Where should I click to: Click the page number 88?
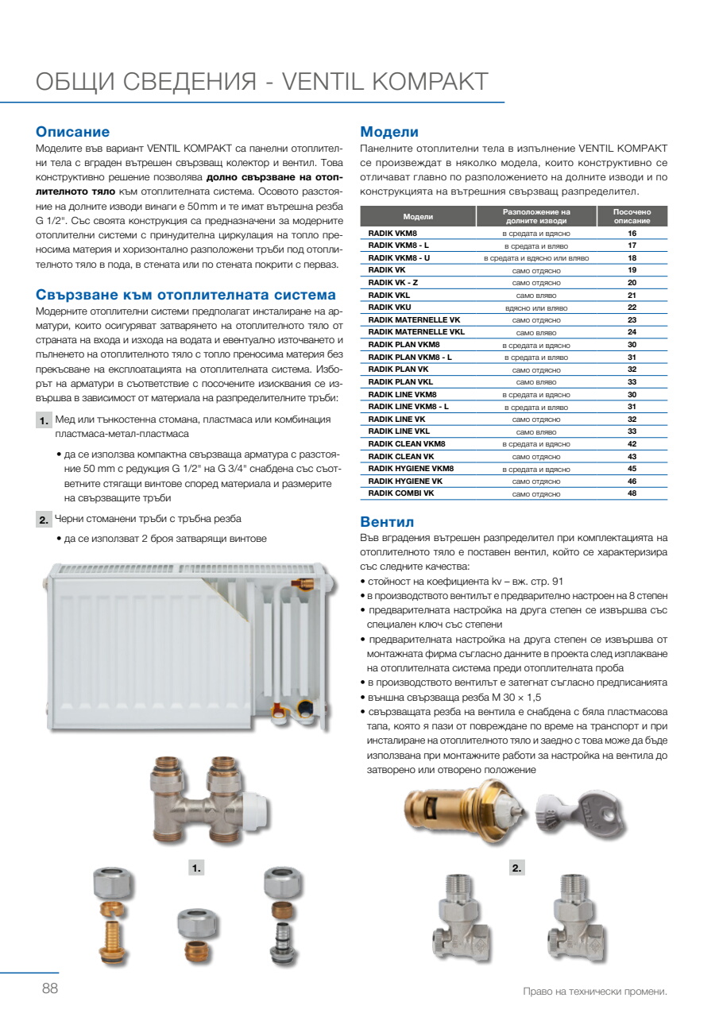pyautogui.click(x=50, y=989)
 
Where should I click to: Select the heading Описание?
pyautogui.click(x=73, y=132)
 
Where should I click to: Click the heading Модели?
pyautogui.click(x=389, y=132)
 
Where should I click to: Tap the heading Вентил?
pyautogui.click(x=388, y=522)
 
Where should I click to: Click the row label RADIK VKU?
pyautogui.click(x=389, y=307)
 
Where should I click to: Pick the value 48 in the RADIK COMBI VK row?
pyautogui.click(x=632, y=493)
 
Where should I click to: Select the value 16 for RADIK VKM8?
pyautogui.click(x=632, y=234)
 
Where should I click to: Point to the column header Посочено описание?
pyautogui.click(x=632, y=216)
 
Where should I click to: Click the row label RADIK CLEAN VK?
pyautogui.click(x=401, y=456)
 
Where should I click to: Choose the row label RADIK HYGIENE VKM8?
pyautogui.click(x=411, y=469)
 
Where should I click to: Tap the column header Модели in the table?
pyautogui.click(x=418, y=216)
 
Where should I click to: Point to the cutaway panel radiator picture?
pyautogui.click(x=184, y=636)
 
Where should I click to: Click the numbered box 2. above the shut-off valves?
pyautogui.click(x=517, y=868)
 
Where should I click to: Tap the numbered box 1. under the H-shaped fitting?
pyautogui.click(x=197, y=868)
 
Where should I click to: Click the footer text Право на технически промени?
pyautogui.click(x=595, y=992)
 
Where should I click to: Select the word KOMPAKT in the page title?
pyautogui.click(x=430, y=82)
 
